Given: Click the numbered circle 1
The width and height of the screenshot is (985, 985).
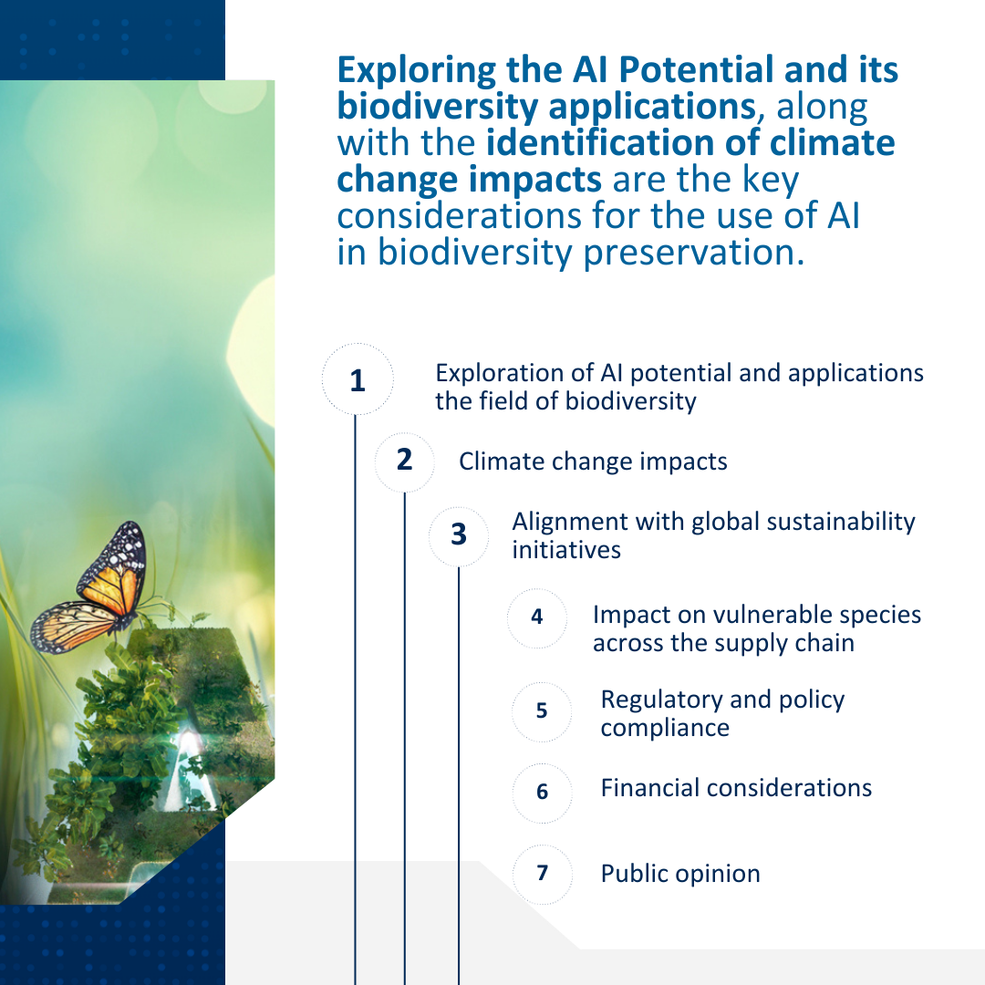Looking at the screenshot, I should pos(358,380).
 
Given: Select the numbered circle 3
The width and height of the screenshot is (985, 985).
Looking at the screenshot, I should pos(459,534).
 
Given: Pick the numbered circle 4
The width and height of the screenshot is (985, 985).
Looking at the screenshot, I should pos(537,617).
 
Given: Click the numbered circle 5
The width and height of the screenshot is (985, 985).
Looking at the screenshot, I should pos(542,710).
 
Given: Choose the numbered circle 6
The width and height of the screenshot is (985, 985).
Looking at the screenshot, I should pos(542,792).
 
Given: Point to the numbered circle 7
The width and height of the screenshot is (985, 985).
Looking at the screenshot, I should pos(542,874).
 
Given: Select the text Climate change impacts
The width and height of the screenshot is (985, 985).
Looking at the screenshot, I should pos(593,461).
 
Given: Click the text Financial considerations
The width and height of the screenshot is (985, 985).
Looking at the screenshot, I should pos(736,788).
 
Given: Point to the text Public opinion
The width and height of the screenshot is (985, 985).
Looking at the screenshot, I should pos(679,874).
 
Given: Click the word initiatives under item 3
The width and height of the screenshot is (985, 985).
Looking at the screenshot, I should pos(565,550).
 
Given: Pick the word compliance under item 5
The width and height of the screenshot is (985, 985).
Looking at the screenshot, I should pos(664,728).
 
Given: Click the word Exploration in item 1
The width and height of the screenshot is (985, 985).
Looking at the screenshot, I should pos(488,373).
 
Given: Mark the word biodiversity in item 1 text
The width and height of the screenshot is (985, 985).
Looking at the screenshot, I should pos(630,401).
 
